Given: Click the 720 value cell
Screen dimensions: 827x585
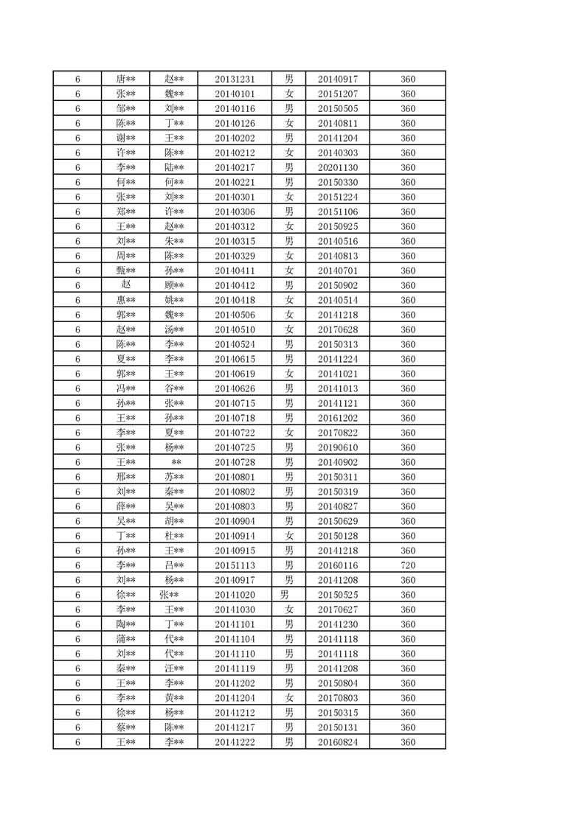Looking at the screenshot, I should tap(408, 565).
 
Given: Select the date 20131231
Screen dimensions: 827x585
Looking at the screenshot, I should tap(235, 79).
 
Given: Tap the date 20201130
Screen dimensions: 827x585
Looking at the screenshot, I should tap(338, 167).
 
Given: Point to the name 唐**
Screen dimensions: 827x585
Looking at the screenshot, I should tap(125, 79).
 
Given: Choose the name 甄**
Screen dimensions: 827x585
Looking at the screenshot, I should tap(125, 271).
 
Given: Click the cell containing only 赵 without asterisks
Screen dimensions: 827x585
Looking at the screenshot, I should tap(125, 285).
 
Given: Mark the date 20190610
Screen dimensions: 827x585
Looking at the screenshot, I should tap(338, 447).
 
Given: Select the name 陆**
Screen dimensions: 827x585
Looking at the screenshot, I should tap(174, 167).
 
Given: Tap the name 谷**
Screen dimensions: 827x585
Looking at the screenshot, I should tap(174, 388).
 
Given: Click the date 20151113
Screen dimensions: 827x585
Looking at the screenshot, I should tap(235, 565).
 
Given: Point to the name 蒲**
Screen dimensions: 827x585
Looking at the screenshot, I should tap(125, 639).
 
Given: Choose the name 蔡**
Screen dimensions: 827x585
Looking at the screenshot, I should tap(125, 727).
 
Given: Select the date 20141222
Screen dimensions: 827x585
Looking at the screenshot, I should tap(235, 742).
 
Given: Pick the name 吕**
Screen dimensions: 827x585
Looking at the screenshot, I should tap(174, 565).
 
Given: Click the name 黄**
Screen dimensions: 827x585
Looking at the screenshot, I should tap(174, 698).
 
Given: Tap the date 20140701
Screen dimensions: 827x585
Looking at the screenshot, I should tap(338, 271).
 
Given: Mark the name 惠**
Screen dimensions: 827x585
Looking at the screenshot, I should tap(125, 300).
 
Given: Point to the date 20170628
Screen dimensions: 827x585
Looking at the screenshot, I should tap(338, 329).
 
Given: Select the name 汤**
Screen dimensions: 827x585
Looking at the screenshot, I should tap(174, 329).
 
